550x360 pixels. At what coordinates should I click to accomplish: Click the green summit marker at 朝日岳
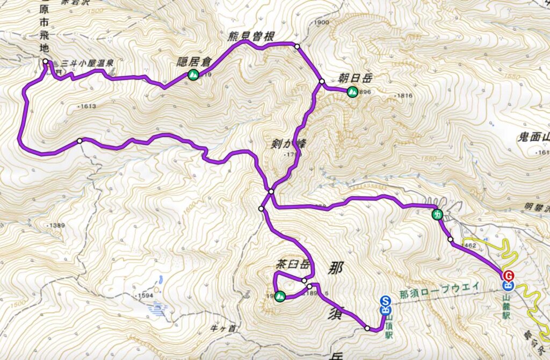[352, 92]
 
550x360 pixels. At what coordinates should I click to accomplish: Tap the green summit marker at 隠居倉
[193, 75]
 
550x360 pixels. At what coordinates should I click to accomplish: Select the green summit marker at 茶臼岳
[279, 296]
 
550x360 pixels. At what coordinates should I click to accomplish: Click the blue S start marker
[385, 301]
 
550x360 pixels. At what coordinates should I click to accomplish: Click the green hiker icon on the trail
[437, 215]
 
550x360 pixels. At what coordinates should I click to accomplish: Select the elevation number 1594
[143, 296]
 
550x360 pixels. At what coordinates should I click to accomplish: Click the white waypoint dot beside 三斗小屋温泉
[46, 61]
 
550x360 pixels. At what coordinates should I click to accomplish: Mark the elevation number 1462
[468, 245]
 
